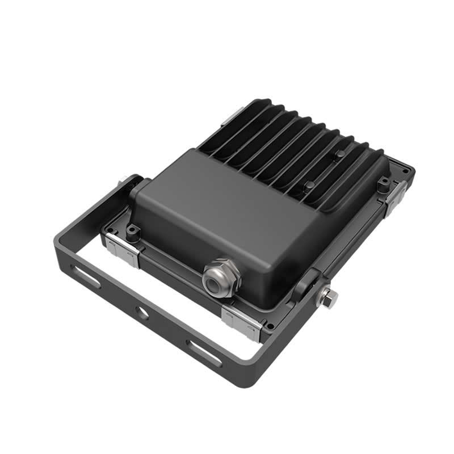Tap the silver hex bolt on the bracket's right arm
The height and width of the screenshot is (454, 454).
click(328, 296)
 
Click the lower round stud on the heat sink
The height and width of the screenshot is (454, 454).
click(309, 184)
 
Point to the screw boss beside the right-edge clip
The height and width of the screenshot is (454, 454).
click(384, 183)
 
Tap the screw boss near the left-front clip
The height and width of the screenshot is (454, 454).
click(132, 230)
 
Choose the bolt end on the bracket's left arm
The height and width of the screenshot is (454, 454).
click(123, 183)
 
